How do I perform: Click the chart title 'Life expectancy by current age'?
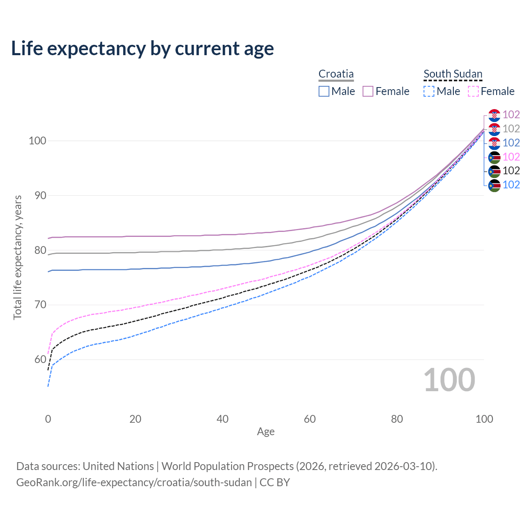click(142, 49)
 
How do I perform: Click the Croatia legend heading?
click(336, 74)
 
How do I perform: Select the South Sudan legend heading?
click(453, 74)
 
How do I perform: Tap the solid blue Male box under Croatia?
click(324, 91)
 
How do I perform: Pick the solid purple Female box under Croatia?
click(368, 91)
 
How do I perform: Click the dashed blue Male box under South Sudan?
click(429, 91)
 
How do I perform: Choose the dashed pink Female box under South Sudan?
click(473, 91)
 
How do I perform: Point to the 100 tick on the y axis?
click(37, 141)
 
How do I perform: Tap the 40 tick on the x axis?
click(222, 419)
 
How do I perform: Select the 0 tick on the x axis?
click(48, 419)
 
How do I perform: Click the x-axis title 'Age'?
click(265, 432)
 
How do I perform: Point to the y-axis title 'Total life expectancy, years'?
click(17, 258)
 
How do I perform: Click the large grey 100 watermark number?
click(449, 380)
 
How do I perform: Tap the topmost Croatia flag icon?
click(494, 115)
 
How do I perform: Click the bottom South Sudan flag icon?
click(494, 185)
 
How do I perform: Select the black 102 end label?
click(511, 171)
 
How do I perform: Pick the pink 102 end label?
click(511, 157)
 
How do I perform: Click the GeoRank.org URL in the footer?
click(134, 482)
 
